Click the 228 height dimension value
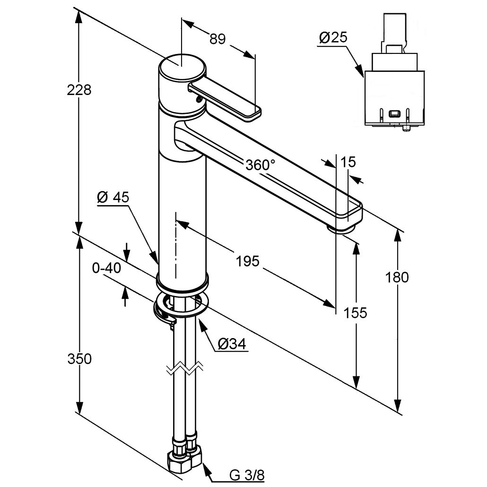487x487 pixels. [x=79, y=89]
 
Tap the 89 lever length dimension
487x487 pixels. [x=217, y=39]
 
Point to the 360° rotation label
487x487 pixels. [x=260, y=165]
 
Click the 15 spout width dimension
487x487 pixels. [x=348, y=162]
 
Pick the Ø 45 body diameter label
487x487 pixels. [x=113, y=198]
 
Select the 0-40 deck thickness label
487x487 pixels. [x=107, y=269]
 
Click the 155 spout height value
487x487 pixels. [x=356, y=313]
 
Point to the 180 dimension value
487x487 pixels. [x=397, y=277]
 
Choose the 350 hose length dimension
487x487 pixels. [x=79, y=359]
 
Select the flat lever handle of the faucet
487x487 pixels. [x=225, y=98]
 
